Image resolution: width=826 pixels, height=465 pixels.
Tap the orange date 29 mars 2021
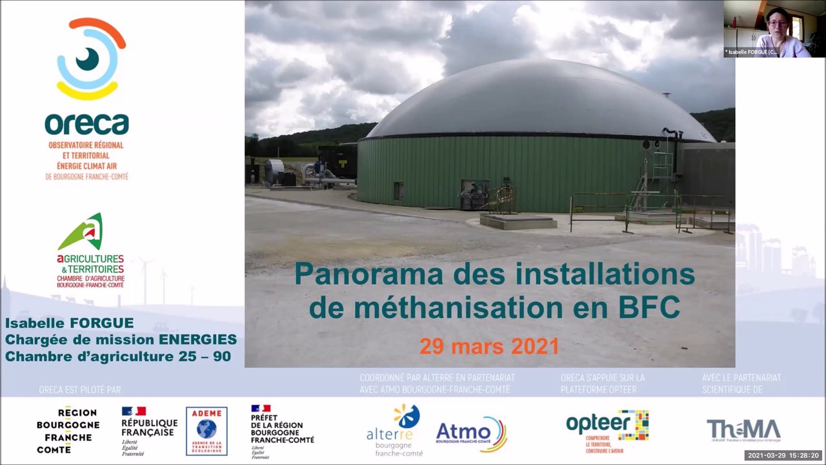489,346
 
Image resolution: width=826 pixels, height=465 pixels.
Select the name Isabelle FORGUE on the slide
70,323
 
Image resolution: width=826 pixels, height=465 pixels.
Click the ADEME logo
206,431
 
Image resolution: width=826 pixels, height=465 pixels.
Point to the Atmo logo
471,433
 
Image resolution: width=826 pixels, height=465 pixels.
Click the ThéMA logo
743,430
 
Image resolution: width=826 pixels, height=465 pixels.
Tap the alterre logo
394,430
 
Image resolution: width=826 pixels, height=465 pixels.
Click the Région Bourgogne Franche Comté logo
68,430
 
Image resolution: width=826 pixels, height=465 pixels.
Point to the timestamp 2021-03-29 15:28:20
783,455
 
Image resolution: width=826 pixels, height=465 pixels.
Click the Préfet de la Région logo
282,431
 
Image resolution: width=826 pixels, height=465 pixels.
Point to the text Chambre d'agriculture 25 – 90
118,356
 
